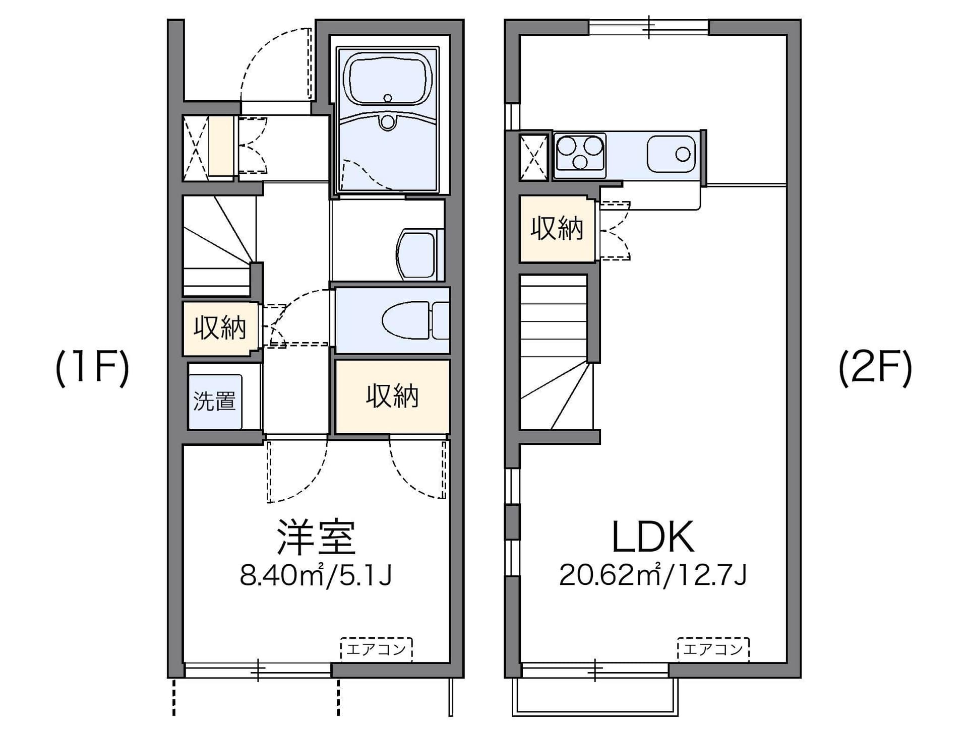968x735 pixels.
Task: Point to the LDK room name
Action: (653, 538)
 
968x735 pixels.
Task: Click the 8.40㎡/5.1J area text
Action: (316, 575)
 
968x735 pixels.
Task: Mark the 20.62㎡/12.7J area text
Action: (653, 575)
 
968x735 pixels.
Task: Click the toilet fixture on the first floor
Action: (415, 320)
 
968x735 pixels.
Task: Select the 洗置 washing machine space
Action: (215, 402)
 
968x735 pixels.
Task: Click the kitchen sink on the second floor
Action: (671, 154)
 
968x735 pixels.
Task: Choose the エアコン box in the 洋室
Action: (376, 649)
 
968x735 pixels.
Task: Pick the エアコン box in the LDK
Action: (713, 649)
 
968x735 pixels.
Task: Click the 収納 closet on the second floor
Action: (557, 229)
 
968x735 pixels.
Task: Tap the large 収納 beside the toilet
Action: (392, 396)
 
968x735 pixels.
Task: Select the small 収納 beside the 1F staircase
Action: (220, 328)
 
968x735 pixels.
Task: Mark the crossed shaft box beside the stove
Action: (534, 157)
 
